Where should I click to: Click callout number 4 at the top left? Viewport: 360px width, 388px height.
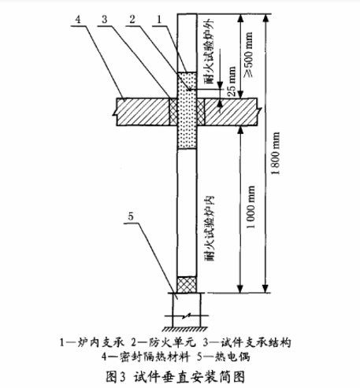[78, 20]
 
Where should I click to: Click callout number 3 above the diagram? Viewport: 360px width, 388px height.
[105, 20]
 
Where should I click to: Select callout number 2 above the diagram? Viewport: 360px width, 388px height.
[132, 20]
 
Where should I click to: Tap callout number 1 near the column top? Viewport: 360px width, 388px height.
[160, 20]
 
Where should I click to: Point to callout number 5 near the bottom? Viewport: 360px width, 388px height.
[131, 216]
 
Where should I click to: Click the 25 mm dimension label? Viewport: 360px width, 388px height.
[232, 81]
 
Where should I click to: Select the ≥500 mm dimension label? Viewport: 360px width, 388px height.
[248, 54]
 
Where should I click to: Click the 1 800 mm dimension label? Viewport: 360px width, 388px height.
[276, 153]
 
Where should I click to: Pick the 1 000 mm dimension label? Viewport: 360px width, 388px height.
[251, 207]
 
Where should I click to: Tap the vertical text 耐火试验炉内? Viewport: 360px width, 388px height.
[210, 228]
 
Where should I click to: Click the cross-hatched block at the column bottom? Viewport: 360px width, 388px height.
[187, 285]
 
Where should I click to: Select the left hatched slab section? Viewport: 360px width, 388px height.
[143, 112]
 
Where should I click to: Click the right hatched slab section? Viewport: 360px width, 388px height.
[231, 112]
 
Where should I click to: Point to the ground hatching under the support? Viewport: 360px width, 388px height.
[185, 329]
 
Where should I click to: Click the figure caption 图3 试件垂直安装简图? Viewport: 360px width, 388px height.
[176, 377]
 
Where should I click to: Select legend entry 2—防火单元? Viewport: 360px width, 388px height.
[163, 342]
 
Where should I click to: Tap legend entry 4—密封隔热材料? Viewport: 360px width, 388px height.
[146, 357]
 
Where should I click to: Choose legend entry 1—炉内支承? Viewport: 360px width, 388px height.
[91, 342]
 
